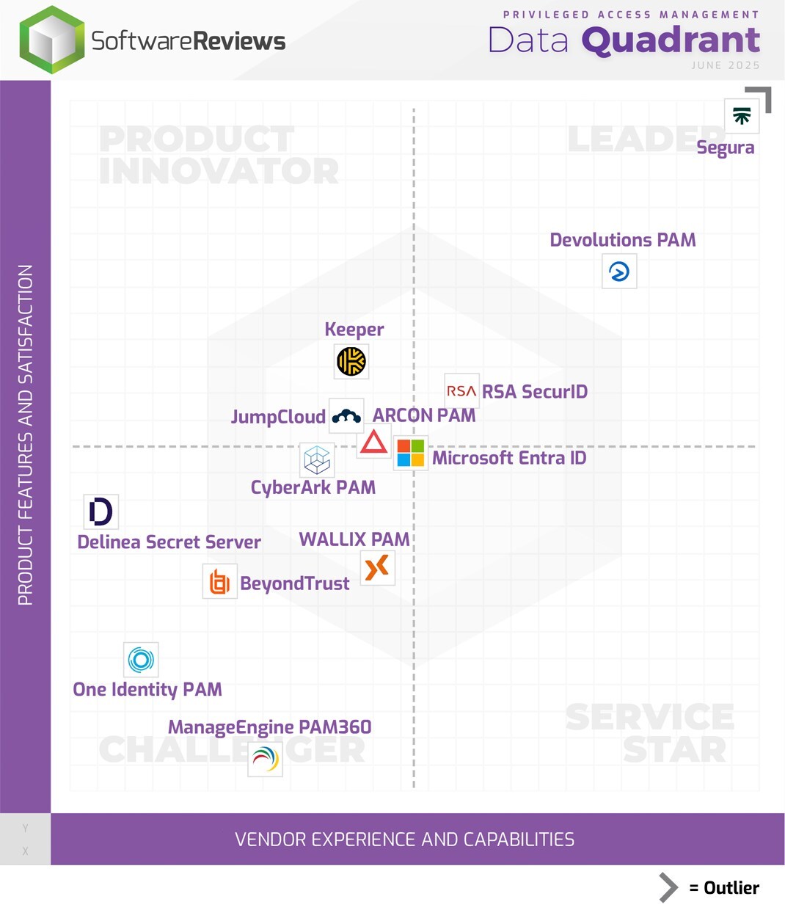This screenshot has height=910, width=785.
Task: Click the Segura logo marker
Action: coord(742,116)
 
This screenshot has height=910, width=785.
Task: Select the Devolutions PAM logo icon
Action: coord(619,272)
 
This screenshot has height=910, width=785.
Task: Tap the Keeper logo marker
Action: coord(351,361)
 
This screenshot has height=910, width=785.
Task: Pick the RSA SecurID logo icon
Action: coord(461,391)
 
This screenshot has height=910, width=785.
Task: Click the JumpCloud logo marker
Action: coord(346,417)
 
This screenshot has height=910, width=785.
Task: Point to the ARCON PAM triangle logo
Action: coord(373,442)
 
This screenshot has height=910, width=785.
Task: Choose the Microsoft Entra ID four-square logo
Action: coord(410,453)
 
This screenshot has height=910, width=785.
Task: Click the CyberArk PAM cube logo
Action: coord(317,460)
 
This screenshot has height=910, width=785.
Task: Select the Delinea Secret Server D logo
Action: coord(101,512)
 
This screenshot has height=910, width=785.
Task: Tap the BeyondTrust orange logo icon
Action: coord(219,582)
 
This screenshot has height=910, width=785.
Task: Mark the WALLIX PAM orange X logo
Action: coord(377,567)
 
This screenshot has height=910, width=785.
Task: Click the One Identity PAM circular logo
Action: coord(141,660)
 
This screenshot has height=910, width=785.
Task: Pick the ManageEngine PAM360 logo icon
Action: coord(265,758)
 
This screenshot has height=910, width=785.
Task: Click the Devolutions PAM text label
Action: coord(623,240)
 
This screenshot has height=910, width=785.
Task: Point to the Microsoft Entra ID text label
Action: coord(509,458)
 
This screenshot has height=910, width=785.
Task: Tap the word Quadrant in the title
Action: coord(671,40)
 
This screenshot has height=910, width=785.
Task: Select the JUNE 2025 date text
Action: coord(725,65)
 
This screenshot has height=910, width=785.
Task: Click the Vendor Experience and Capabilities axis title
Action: coord(404,840)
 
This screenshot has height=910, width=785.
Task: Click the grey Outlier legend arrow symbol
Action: coord(668,887)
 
